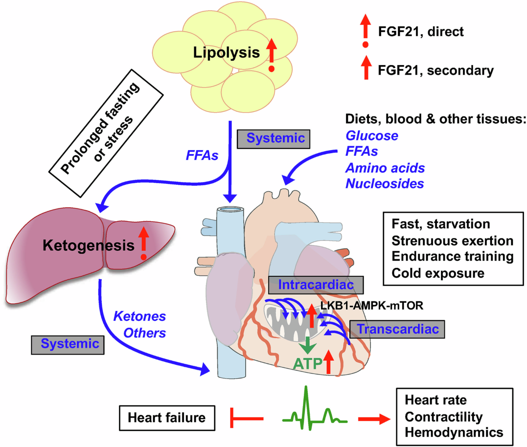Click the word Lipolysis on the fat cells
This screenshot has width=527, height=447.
227,53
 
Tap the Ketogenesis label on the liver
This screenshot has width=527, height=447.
88,245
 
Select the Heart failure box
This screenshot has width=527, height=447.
167,418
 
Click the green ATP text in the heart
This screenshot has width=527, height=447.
308,364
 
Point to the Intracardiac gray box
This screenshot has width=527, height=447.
316,285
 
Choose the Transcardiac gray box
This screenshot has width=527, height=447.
397,329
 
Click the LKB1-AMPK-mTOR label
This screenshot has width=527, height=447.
372,305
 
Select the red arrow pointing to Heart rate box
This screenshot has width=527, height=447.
374,419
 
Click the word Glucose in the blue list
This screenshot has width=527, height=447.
372,136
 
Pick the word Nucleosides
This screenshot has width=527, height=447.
384,183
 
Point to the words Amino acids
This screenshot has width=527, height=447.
385,168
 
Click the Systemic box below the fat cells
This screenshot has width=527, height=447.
274,139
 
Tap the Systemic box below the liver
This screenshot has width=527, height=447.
68,345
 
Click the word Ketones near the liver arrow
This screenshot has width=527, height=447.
140,316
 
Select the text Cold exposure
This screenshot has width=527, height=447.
438,274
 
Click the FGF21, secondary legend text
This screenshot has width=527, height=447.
436,70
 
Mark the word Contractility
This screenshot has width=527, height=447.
444,417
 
